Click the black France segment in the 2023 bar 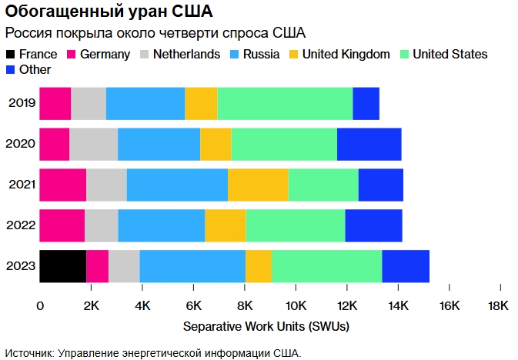(63, 266)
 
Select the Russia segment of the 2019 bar (145, 104)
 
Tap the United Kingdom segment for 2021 (258, 185)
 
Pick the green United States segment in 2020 (284, 144)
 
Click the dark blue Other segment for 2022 (373, 225)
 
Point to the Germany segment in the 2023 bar (98, 266)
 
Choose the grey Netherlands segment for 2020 (93, 144)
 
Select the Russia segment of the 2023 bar (192, 266)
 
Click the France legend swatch (10, 55)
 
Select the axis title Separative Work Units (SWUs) (266, 326)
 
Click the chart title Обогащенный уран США (109, 13)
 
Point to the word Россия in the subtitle (29, 33)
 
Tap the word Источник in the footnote (29, 352)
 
